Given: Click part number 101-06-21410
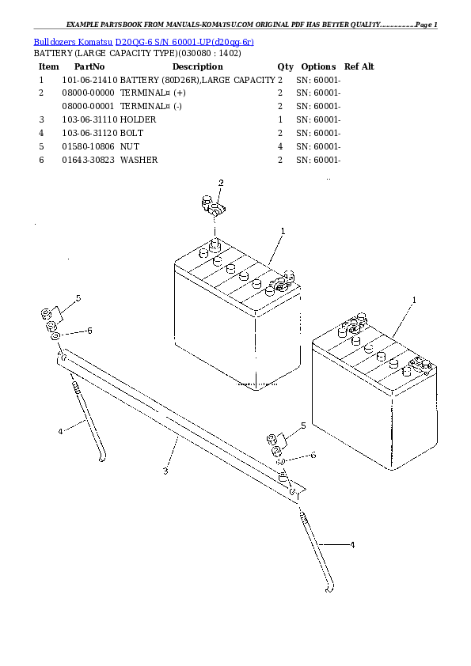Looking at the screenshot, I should coord(89,80).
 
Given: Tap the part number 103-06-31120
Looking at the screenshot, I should coord(89,133).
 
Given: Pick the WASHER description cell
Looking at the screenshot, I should coord(139,160).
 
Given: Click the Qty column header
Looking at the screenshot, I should coord(285,66).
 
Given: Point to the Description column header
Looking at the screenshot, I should coord(197,66).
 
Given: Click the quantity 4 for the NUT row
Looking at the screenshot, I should coord(280,146).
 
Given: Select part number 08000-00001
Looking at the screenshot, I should coord(89,106).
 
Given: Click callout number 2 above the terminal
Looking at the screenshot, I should coord(221,183).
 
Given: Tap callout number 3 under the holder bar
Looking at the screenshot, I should coord(165,471).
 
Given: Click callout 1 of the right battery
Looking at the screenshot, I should coord(414,300).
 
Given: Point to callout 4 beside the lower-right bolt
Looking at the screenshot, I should coord(352,544).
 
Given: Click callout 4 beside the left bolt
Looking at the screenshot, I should coord(60,431).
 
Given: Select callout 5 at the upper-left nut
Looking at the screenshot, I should coord(78,298).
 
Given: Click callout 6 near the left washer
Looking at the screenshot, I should coord(89,330).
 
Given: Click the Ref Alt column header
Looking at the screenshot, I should coord(359,66).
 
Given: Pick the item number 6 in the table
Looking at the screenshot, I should coord(40,160).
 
